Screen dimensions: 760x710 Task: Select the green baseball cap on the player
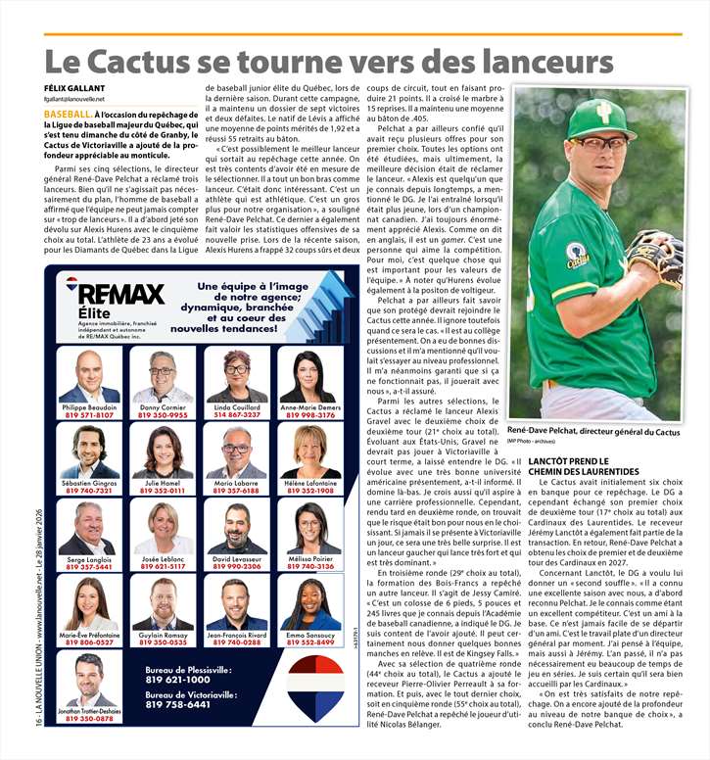pyautogui.click(x=601, y=119)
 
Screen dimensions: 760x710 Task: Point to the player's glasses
pyautogui.click(x=597, y=143)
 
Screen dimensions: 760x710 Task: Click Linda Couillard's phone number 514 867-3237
pyautogui.click(x=236, y=414)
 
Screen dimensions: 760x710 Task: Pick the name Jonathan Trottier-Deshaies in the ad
pyautogui.click(x=89, y=710)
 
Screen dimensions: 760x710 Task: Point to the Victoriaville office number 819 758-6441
pyautogui.click(x=177, y=704)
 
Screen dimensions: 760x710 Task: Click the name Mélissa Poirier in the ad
pyautogui.click(x=310, y=558)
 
